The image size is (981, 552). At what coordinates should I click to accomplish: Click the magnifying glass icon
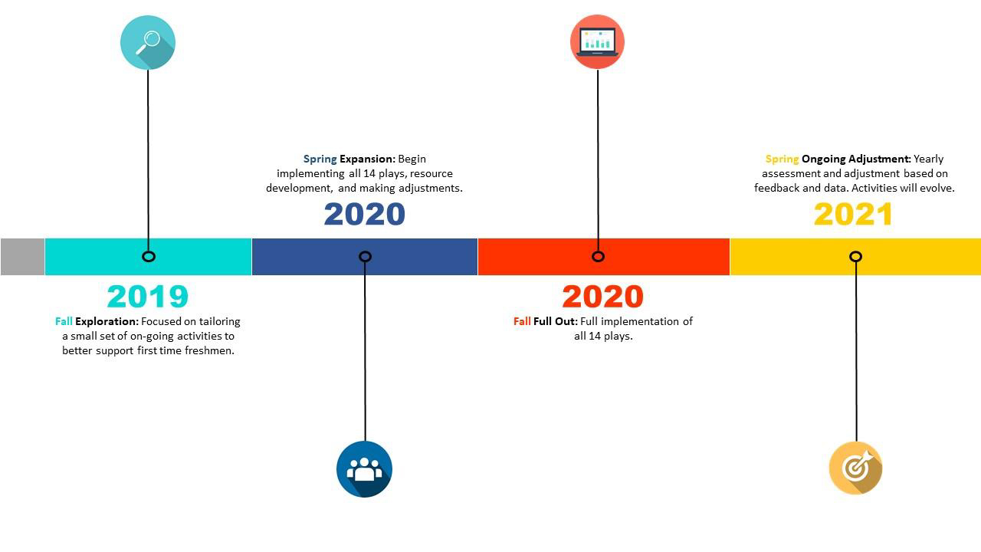[x=148, y=42]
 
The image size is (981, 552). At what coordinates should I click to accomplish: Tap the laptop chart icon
[x=597, y=42]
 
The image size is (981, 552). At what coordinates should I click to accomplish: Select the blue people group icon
[x=364, y=469]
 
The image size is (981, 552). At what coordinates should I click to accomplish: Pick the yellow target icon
[x=856, y=468]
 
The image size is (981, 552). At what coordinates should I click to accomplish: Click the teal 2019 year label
[x=148, y=297]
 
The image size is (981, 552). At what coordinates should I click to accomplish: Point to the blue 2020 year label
[x=364, y=214]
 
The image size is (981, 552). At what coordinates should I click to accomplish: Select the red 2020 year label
[x=602, y=297]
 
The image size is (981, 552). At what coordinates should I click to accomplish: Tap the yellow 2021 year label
[x=853, y=214]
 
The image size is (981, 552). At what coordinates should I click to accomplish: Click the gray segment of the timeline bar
[x=22, y=257]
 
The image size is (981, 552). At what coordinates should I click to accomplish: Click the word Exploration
[x=107, y=321]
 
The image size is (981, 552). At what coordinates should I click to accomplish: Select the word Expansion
[x=367, y=159]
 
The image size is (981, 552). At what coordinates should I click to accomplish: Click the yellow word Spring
[x=783, y=159]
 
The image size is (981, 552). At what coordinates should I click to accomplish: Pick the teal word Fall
[x=64, y=321]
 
